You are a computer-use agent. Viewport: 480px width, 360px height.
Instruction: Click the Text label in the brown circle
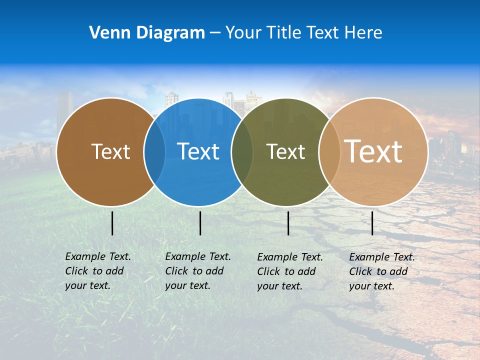(110, 151)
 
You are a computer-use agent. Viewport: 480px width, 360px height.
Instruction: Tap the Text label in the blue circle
(198, 151)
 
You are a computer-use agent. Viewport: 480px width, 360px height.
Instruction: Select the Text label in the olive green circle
(285, 151)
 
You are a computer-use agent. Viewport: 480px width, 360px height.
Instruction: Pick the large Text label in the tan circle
(373, 151)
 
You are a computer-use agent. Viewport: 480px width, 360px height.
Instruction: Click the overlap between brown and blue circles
(154, 152)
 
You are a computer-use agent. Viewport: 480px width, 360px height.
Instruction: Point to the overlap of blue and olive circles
(242, 152)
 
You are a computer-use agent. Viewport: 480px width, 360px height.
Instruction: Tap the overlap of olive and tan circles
(329, 152)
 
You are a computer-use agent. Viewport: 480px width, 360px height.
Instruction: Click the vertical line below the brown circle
(112, 223)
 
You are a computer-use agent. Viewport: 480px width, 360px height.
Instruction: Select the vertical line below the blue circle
(200, 223)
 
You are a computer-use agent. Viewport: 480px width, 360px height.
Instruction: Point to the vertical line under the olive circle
(288, 223)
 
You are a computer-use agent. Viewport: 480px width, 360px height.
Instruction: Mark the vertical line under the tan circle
(372, 223)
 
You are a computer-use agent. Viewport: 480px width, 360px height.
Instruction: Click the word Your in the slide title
(243, 32)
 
